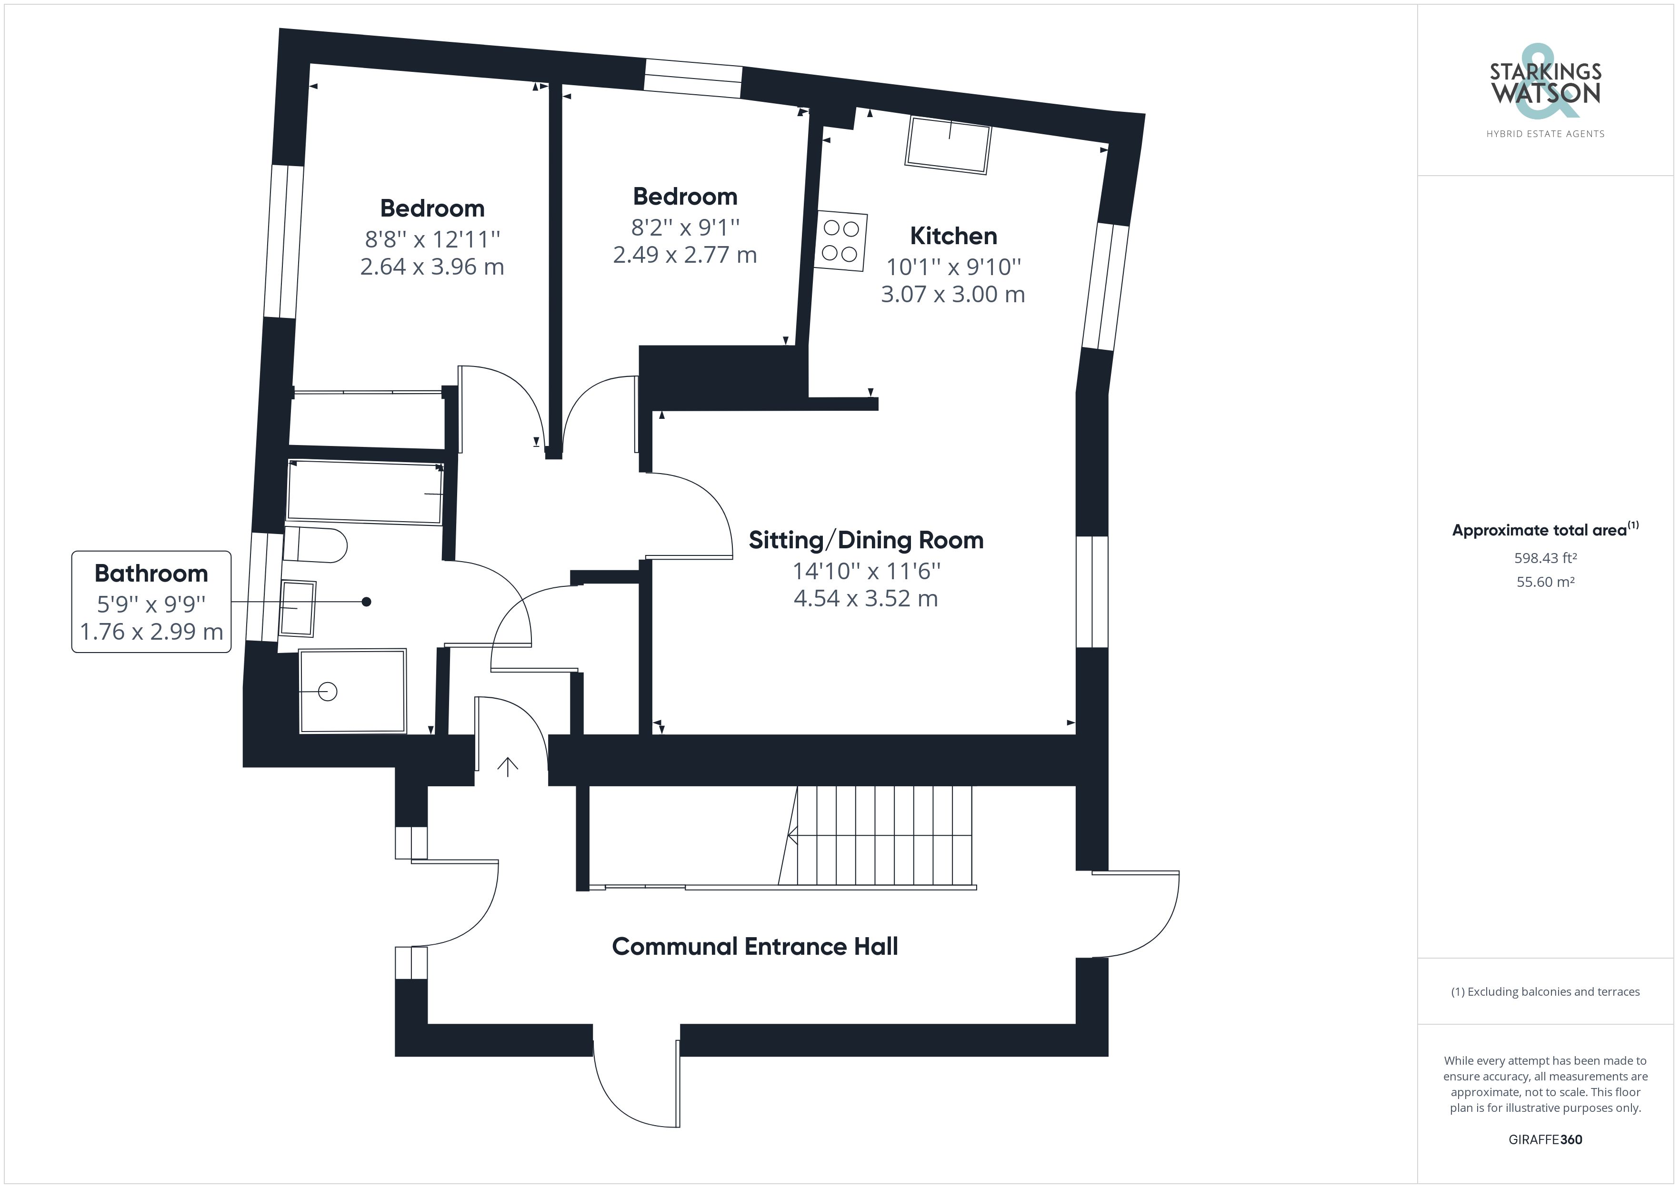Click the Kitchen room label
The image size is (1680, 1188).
(953, 236)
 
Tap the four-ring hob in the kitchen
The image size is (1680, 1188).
(841, 241)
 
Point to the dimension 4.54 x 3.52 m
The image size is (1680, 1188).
(866, 598)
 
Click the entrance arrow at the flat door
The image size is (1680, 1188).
(508, 767)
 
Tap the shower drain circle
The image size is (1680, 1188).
(328, 691)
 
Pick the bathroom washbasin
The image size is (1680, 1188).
(298, 608)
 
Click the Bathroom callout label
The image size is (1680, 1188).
(151, 574)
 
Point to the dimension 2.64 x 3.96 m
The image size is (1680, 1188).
(432, 266)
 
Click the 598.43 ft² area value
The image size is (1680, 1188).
(1545, 558)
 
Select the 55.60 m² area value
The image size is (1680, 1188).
(1545, 582)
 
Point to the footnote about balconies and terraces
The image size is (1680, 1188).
(1545, 992)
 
